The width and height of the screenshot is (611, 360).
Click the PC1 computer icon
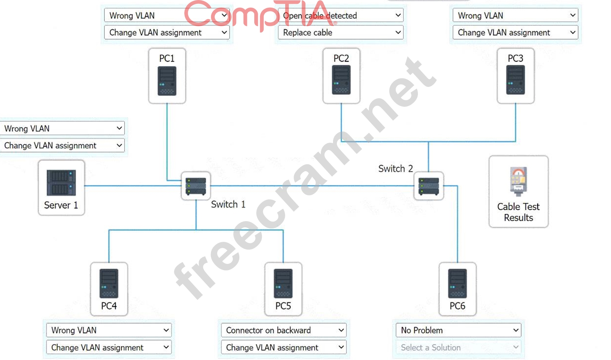pyautogui.click(x=167, y=81)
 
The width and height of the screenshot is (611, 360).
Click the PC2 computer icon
pyautogui.click(x=341, y=80)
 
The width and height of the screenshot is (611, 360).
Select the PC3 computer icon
pyautogui.click(x=515, y=80)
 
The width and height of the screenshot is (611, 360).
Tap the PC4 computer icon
pyautogui.click(x=109, y=283)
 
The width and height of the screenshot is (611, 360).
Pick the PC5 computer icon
pyautogui.click(x=283, y=283)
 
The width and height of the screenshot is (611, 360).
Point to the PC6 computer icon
pyautogui.click(x=457, y=283)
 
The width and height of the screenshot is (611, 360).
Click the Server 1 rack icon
pyautogui.click(x=61, y=183)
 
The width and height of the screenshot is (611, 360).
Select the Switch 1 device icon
pyautogui.click(x=196, y=186)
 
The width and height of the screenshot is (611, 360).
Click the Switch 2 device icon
pyautogui.click(x=429, y=186)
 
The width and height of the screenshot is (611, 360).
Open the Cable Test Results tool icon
pyautogui.click(x=518, y=181)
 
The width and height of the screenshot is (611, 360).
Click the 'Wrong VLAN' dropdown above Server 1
pyautogui.click(x=63, y=129)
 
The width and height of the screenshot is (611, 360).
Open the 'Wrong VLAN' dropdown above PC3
pyautogui.click(x=515, y=16)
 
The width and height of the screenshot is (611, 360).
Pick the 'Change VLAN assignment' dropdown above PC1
pyautogui.click(x=167, y=33)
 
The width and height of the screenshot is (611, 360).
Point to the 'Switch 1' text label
pyautogui.click(x=228, y=204)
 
